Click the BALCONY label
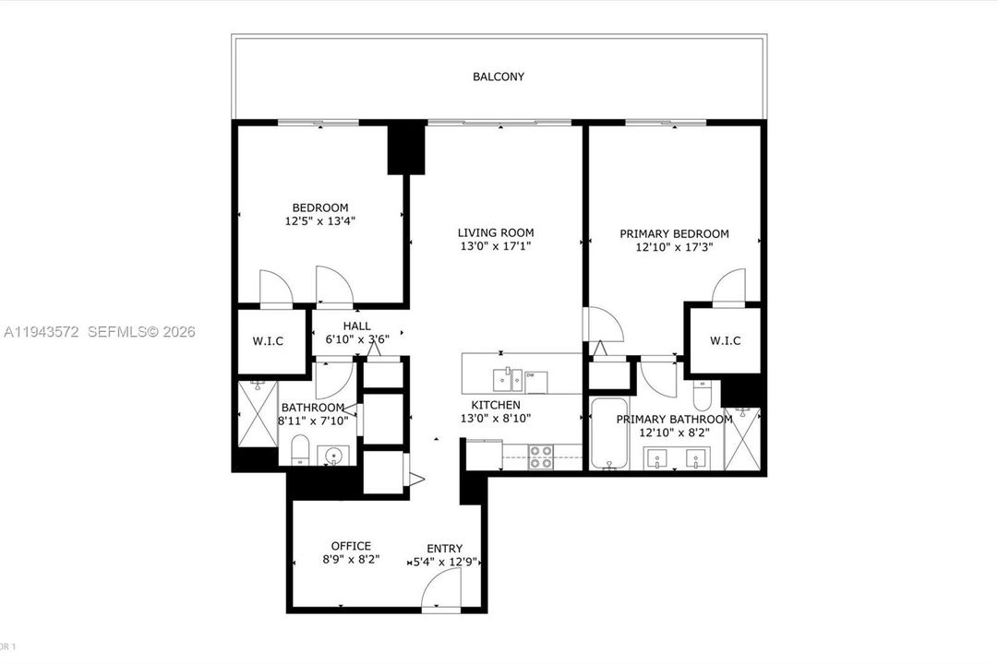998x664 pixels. click(499, 77)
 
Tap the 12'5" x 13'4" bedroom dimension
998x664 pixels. click(320, 221)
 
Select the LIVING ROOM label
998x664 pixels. click(496, 232)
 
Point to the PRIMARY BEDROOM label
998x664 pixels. click(674, 234)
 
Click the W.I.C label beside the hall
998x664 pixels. click(268, 341)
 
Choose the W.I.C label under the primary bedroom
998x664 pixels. click(725, 341)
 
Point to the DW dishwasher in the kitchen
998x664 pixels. click(537, 379)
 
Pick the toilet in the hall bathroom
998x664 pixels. click(300, 451)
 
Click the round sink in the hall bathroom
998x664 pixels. click(332, 455)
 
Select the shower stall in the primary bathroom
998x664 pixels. click(741, 440)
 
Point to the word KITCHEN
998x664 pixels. click(496, 405)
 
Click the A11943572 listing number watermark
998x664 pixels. click(42, 332)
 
